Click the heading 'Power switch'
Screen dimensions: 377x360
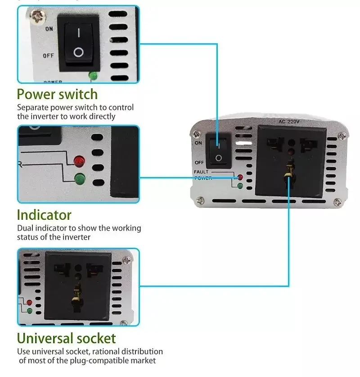(x=57, y=95)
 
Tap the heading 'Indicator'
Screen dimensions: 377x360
(x=44, y=215)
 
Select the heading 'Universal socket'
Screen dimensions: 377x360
(x=66, y=338)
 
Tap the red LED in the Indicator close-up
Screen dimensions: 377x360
(x=79, y=160)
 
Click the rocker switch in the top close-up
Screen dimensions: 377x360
(x=79, y=44)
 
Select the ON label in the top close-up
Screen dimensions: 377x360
(x=49, y=29)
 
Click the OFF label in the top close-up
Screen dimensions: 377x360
(x=48, y=56)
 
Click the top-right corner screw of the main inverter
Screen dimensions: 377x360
(x=343, y=134)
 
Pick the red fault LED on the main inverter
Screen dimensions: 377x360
(x=240, y=177)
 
